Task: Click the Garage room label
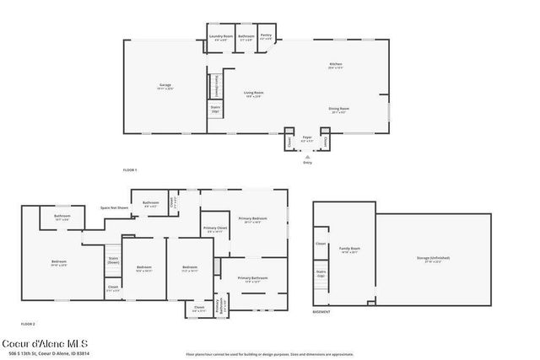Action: point(165,85)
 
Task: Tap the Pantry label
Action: point(266,37)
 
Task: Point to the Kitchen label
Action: point(336,67)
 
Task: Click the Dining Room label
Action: point(339,110)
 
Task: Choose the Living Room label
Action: point(254,94)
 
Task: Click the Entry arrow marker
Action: point(307,156)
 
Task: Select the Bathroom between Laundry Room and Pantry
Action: point(246,37)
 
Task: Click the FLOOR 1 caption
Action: point(130,170)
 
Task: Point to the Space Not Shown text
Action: point(115,207)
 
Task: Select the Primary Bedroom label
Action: point(251,221)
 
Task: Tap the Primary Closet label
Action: point(215,229)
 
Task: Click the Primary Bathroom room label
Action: point(252,279)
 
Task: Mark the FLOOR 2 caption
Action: point(28,324)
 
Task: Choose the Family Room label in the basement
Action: point(349,250)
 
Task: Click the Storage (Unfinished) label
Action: point(433,259)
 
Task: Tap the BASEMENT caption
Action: point(321,312)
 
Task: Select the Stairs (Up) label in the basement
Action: point(321,273)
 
